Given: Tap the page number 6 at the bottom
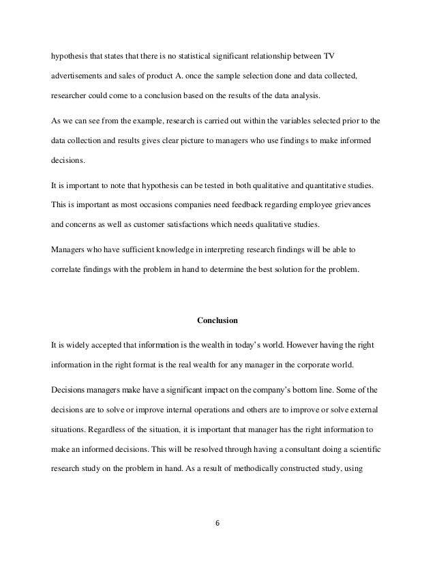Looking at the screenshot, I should tap(217, 524).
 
